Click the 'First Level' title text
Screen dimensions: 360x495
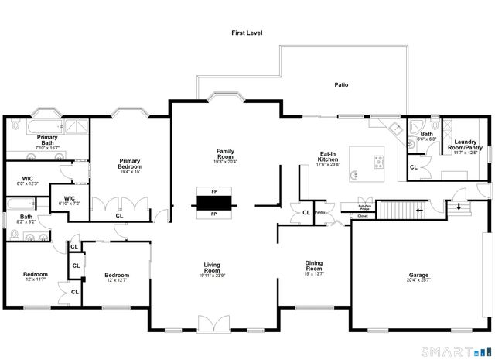coord(247,33)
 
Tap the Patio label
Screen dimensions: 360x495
coord(340,85)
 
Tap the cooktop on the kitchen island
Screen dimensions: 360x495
coord(377,161)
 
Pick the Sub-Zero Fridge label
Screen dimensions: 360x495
coord(364,207)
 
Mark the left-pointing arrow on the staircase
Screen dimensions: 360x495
coord(418,210)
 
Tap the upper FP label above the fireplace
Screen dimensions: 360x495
coord(214,190)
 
